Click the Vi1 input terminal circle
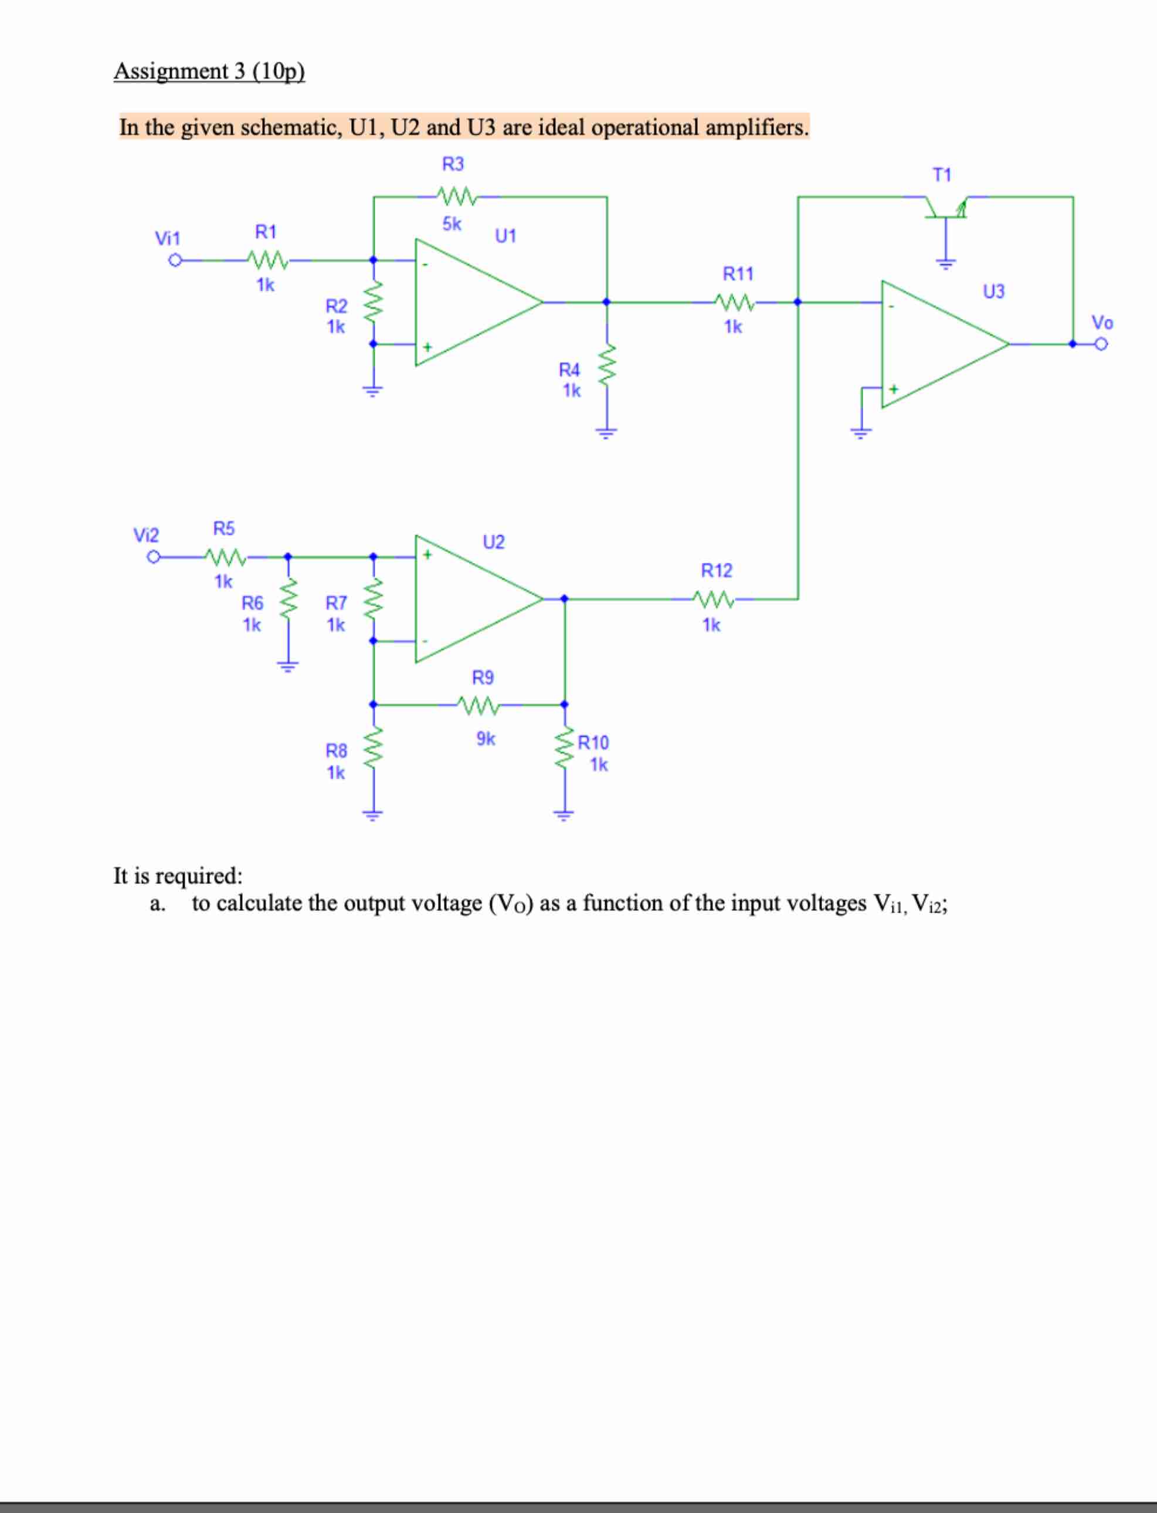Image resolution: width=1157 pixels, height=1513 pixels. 175,260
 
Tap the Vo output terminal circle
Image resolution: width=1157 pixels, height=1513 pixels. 1101,343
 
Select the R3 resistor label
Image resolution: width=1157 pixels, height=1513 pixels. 453,164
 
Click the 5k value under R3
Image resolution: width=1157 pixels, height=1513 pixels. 452,224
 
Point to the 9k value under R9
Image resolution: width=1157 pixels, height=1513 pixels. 486,739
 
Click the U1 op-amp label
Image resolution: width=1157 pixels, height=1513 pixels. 505,236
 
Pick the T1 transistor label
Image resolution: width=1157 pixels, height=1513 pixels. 941,175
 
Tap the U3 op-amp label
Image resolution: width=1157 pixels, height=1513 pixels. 993,292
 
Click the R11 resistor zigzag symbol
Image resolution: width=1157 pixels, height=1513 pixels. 735,302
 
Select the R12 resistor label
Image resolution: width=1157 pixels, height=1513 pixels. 716,570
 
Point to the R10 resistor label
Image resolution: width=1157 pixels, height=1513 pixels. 593,743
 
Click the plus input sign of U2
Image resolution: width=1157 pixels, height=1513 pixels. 427,554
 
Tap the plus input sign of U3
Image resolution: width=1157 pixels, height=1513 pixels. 893,390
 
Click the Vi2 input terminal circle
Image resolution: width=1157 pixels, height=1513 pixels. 154,557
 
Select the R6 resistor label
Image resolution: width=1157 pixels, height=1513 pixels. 252,603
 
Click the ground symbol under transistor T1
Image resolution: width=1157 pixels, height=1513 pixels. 945,263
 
